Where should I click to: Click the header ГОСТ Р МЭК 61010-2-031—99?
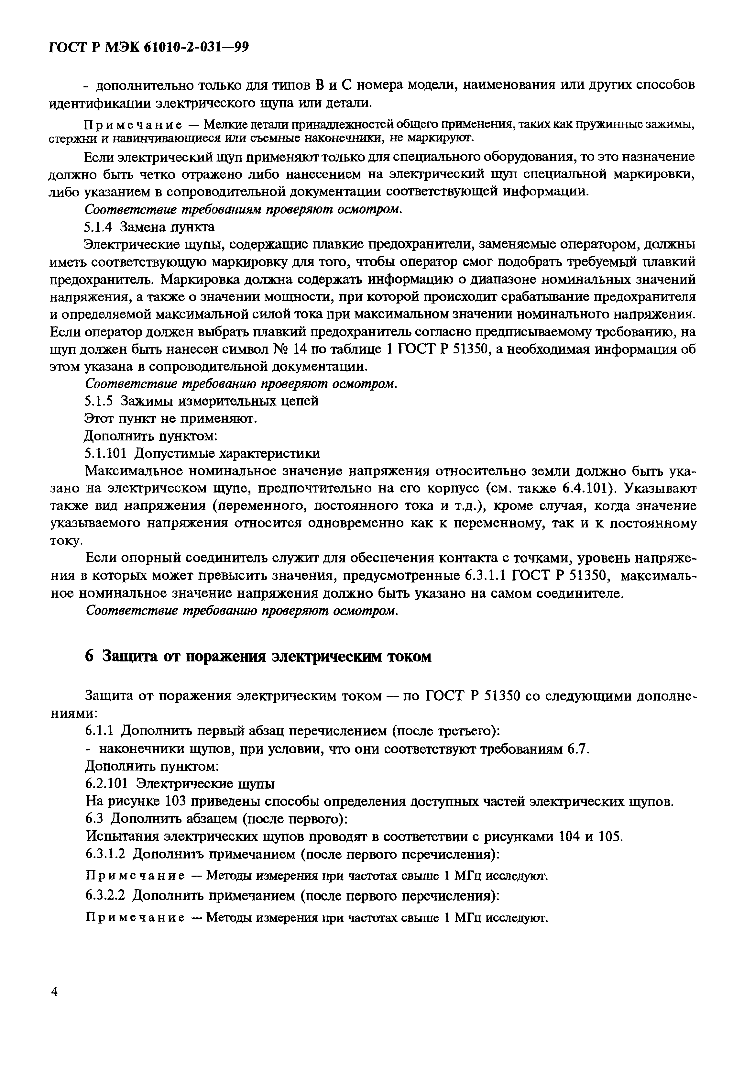click(148, 48)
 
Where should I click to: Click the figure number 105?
click(610, 836)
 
